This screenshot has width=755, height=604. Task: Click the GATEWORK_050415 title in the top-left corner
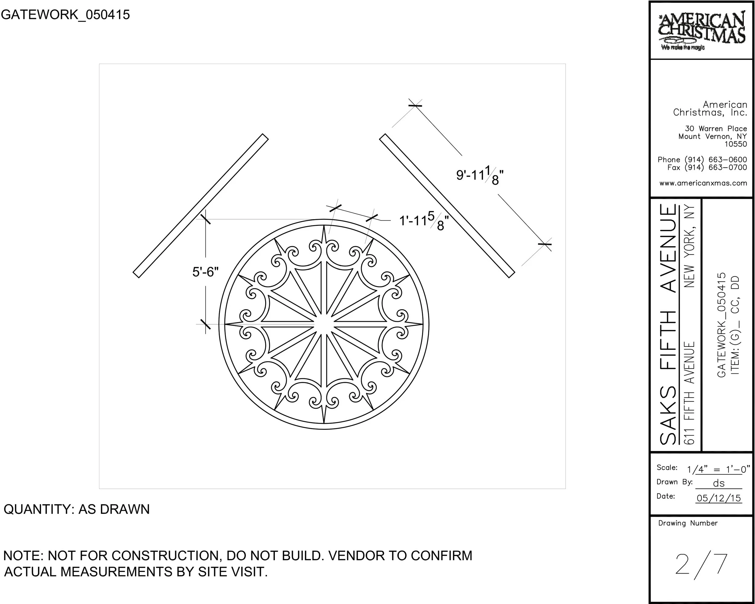pyautogui.click(x=65, y=15)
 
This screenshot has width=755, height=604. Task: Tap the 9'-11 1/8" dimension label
pyautogui.click(x=480, y=176)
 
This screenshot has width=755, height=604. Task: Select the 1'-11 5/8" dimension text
pyautogui.click(x=424, y=222)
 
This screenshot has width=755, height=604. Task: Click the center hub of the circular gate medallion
pyautogui.click(x=324, y=324)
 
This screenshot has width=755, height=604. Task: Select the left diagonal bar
pyautogui.click(x=201, y=206)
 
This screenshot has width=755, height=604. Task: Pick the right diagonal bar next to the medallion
pyautogui.click(x=447, y=206)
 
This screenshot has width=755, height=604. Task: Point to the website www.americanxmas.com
pyautogui.click(x=703, y=183)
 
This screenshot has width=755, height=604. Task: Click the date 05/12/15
pyautogui.click(x=718, y=498)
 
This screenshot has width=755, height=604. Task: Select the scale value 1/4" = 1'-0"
pyautogui.click(x=718, y=469)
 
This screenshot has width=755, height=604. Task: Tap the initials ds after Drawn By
pyautogui.click(x=718, y=483)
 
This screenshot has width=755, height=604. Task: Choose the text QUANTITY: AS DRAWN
pyautogui.click(x=77, y=509)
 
